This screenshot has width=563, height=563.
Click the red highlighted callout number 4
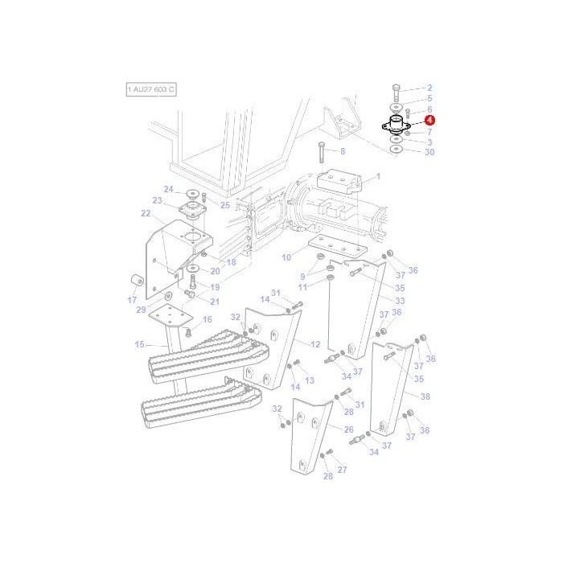pos(429,120)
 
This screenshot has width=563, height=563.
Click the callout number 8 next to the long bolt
pos(342,150)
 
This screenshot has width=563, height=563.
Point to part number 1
pos(378,175)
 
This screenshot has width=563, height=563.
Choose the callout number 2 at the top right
pos(429,87)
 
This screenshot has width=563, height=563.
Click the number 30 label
pos(429,152)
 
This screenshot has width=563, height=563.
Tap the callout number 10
pos(286,257)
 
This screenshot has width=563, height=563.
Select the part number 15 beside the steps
pos(139,344)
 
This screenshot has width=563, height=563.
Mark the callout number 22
pos(146,213)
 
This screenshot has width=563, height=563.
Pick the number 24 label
pos(169,189)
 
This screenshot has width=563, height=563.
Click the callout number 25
pos(225,205)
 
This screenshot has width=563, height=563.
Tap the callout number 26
pos(349,429)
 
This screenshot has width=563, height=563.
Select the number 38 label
pos(425,397)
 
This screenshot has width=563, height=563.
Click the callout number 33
pos(400,300)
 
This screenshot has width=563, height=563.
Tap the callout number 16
pos(207,319)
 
